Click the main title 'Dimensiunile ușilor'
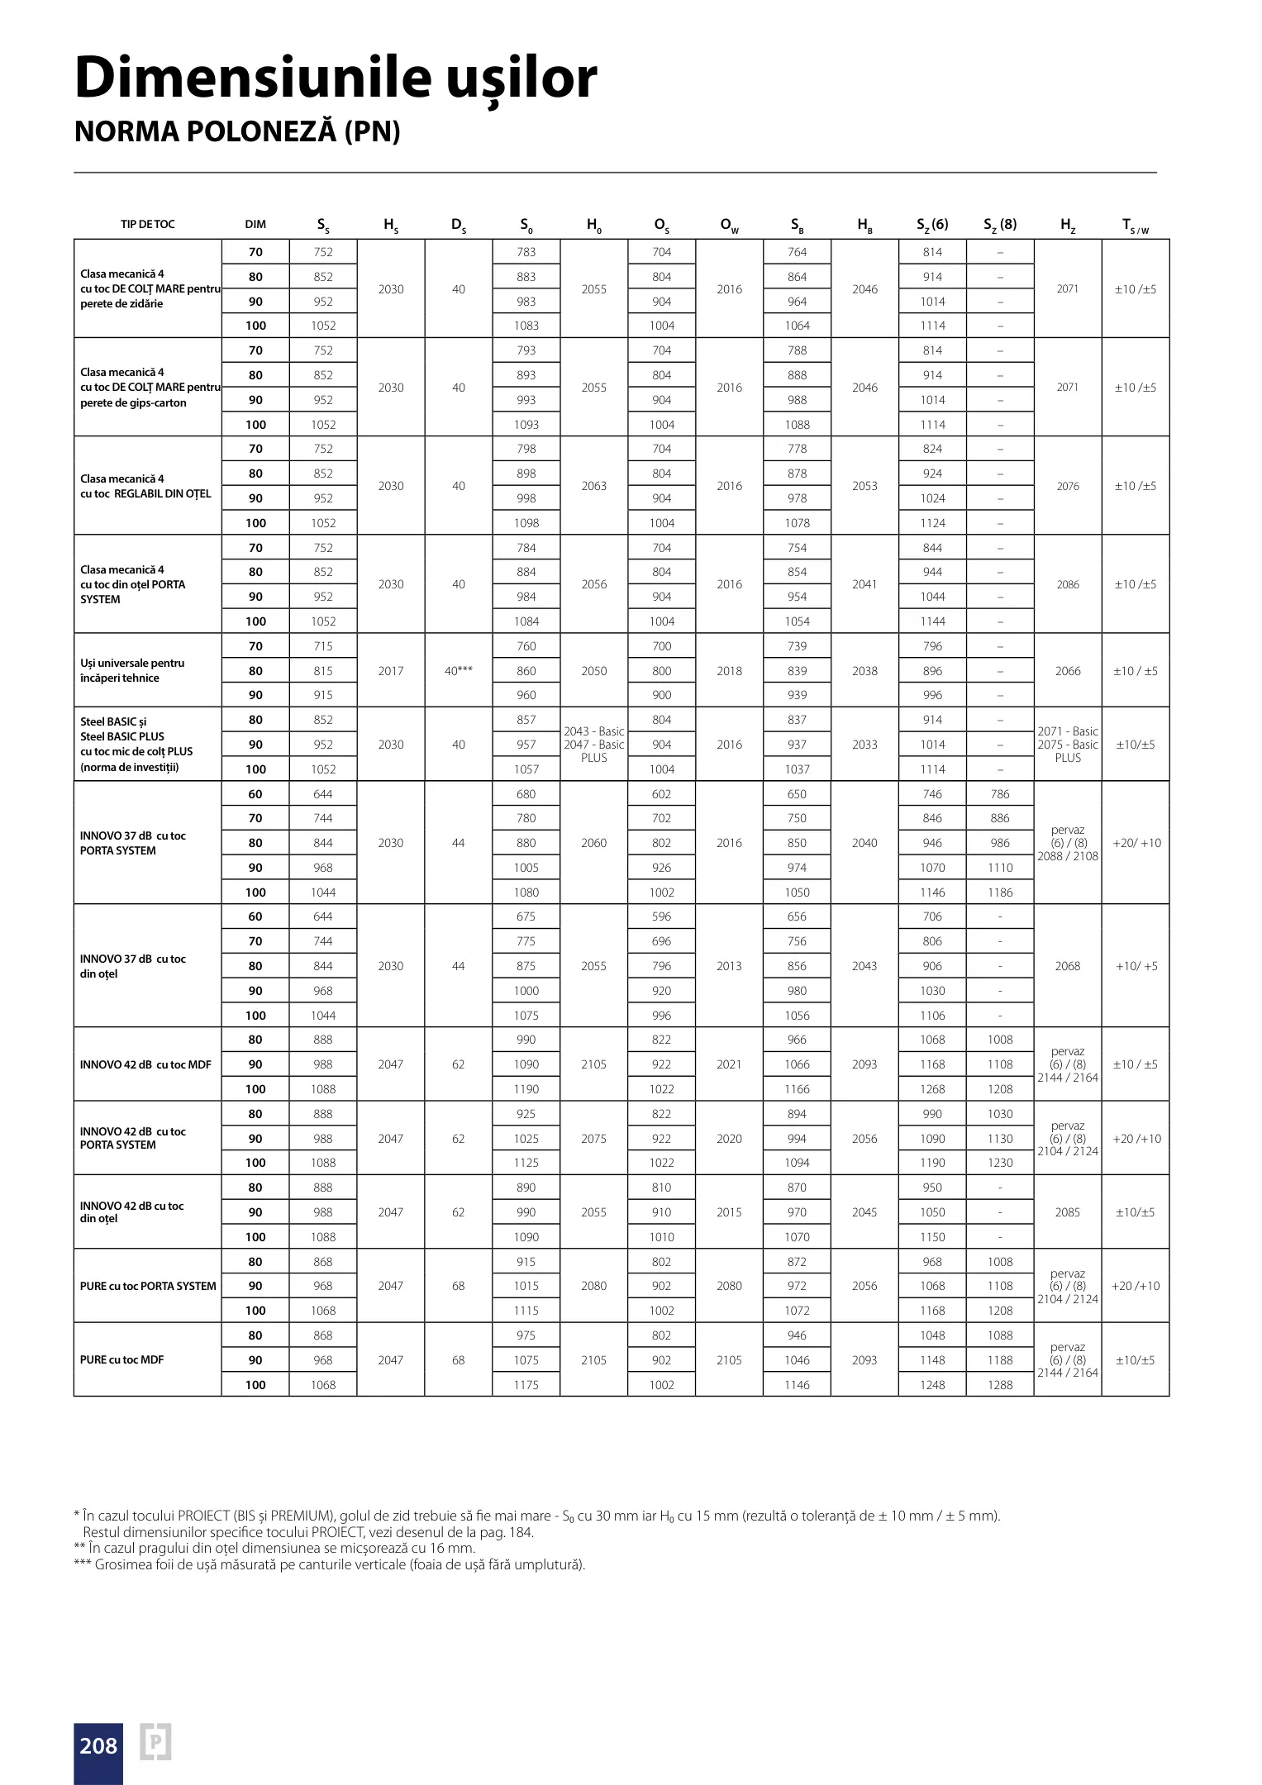(x=336, y=79)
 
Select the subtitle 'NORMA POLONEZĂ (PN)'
(x=237, y=132)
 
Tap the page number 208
(x=98, y=1745)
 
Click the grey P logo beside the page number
(x=155, y=1742)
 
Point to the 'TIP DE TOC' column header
(x=147, y=224)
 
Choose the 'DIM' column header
(x=255, y=224)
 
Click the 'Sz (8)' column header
(x=1000, y=225)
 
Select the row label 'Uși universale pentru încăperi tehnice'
(x=132, y=670)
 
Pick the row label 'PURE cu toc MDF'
(x=121, y=1359)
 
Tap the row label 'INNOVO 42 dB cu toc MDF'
(x=145, y=1064)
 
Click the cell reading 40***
(x=459, y=671)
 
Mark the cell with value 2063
(x=593, y=486)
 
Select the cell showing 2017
(x=391, y=671)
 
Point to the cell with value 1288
(x=1000, y=1384)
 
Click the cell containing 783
(x=526, y=252)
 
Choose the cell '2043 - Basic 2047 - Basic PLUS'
(x=593, y=745)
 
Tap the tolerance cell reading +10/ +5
(x=1136, y=966)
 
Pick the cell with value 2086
(x=1068, y=584)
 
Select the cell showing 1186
(x=1000, y=892)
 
